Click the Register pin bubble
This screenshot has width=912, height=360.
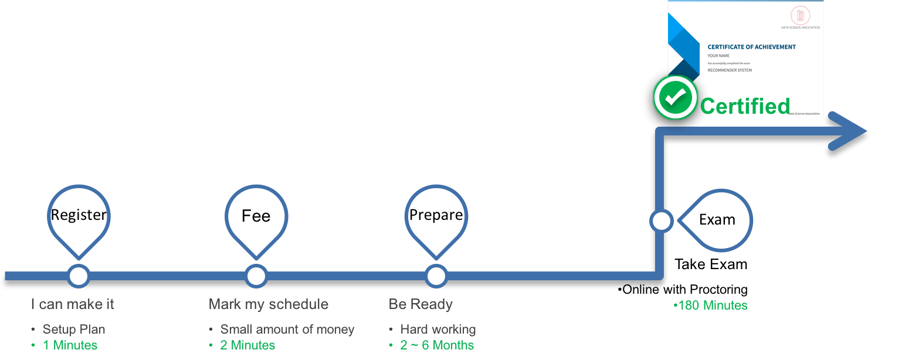pyautogui.click(x=78, y=215)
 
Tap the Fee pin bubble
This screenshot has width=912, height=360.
pyautogui.click(x=256, y=215)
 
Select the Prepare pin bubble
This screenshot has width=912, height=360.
pyautogui.click(x=436, y=215)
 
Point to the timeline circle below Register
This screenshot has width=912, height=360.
pyautogui.click(x=78, y=276)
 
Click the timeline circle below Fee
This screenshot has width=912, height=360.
pyautogui.click(x=256, y=276)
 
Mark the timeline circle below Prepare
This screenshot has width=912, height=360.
pyautogui.click(x=435, y=276)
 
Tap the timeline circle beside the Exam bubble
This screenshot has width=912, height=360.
pyautogui.click(x=661, y=221)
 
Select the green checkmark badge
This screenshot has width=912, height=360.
pyautogui.click(x=674, y=97)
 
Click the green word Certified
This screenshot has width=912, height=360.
pyautogui.click(x=745, y=106)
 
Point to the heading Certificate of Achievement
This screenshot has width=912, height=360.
pyautogui.click(x=751, y=47)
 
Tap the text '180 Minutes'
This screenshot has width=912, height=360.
pyautogui.click(x=712, y=305)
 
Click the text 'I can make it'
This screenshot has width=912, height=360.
pyautogui.click(x=73, y=304)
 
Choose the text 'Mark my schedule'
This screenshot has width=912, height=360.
pyautogui.click(x=269, y=304)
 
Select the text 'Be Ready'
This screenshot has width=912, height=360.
pyautogui.click(x=421, y=304)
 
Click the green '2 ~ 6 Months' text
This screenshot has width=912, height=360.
pyautogui.click(x=437, y=345)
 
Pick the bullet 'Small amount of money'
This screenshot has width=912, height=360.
pyautogui.click(x=287, y=330)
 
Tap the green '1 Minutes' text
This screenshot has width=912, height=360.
pyautogui.click(x=70, y=345)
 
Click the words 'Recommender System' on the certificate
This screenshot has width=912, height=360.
pyautogui.click(x=730, y=70)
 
